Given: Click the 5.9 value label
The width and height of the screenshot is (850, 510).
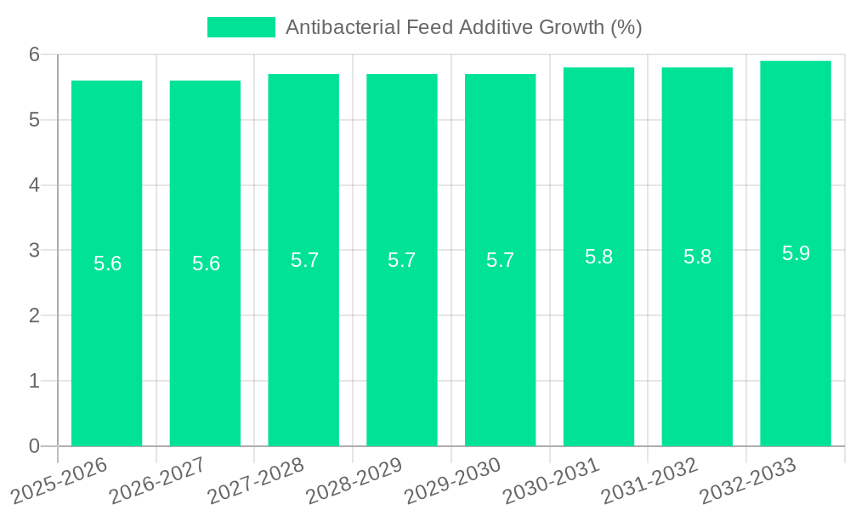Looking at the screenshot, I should (x=796, y=253).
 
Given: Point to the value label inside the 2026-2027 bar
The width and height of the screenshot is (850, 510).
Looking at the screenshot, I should (x=206, y=263).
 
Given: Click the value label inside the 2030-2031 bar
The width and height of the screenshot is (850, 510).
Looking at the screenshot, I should (x=598, y=257).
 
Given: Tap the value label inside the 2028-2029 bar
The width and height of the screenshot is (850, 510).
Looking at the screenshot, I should (x=402, y=260).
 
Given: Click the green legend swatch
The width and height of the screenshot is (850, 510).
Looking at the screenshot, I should (x=241, y=27).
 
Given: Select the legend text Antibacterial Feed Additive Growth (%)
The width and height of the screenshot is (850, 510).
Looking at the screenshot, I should (x=463, y=27).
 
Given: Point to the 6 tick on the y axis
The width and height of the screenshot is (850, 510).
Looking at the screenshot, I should (x=35, y=54).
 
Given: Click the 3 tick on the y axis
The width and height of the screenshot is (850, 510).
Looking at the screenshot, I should (x=35, y=250).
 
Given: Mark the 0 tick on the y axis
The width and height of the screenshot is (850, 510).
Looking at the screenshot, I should (x=35, y=446).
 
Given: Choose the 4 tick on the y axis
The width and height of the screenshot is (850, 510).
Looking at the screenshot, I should (x=35, y=185).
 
